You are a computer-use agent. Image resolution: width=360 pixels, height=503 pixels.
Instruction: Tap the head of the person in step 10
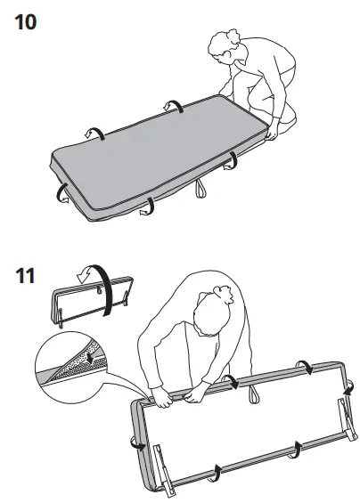click(x=224, y=48)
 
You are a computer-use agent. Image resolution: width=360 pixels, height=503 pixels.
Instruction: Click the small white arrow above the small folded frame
click(x=81, y=278)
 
